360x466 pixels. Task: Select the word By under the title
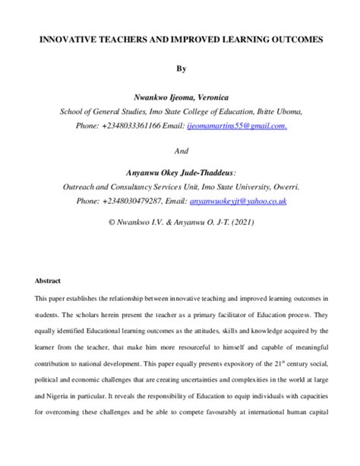click(181, 68)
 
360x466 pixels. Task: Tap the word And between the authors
click(181, 151)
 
